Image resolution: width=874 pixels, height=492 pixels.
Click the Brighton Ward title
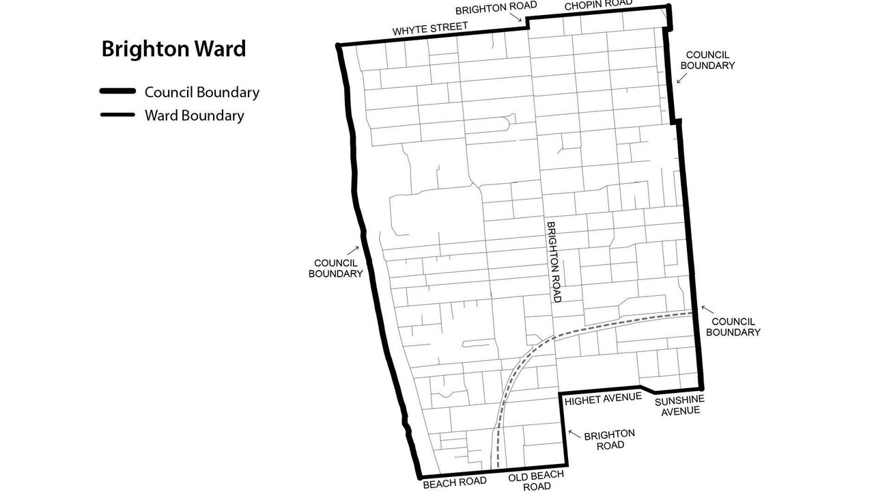[173, 49]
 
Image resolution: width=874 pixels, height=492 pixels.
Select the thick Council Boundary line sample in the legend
[117, 92]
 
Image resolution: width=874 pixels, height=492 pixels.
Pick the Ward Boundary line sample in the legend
[117, 115]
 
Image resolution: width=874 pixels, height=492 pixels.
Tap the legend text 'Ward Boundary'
[194, 115]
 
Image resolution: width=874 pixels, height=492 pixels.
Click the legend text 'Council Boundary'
[201, 92]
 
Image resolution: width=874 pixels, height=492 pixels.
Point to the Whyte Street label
[430, 29]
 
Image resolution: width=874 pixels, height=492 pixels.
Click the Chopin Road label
[598, 4]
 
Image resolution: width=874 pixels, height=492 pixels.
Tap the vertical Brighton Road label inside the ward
[553, 262]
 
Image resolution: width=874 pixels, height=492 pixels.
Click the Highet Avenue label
[603, 398]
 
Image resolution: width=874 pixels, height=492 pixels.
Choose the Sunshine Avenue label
[679, 405]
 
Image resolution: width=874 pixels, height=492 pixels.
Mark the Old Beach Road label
[536, 480]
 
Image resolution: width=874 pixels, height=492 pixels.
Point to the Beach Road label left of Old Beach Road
[455, 482]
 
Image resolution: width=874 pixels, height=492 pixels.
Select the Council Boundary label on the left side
[335, 268]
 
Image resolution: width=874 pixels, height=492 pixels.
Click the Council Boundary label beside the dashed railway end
[733, 327]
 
